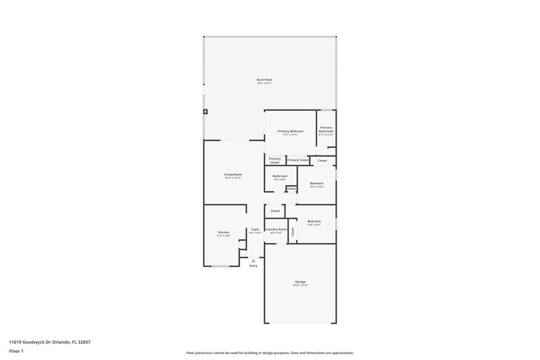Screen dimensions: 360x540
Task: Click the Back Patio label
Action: click(264, 80)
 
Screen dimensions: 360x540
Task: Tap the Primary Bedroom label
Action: click(290, 131)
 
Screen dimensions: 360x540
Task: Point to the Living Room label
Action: click(233, 174)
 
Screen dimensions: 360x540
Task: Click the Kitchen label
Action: click(223, 232)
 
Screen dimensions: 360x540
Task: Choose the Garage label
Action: click(300, 282)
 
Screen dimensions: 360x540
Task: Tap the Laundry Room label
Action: click(276, 229)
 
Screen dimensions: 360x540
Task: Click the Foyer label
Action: click(255, 229)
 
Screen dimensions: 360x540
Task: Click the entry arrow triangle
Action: click(254, 260)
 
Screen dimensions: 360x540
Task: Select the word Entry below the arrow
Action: click(254, 266)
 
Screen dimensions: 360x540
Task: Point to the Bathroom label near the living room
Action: click(280, 176)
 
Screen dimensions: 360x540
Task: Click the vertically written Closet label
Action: click(293, 231)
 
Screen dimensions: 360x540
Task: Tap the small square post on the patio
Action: click(206, 111)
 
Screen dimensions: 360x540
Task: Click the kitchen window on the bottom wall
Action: click(221, 266)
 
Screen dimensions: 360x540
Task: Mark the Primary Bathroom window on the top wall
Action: click(326, 110)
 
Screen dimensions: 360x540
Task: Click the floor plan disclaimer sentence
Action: click(270, 353)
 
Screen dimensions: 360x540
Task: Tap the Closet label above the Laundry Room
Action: click(275, 211)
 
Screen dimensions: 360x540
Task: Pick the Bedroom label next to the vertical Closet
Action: click(314, 222)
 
